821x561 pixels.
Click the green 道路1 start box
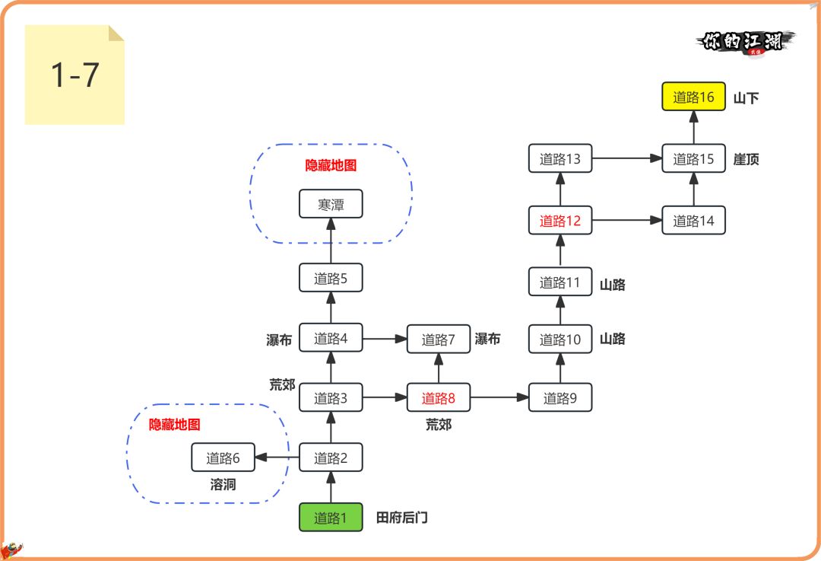point(331,518)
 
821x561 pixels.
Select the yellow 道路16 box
point(693,97)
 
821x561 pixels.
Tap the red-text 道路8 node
point(439,397)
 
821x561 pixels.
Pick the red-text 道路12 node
point(560,221)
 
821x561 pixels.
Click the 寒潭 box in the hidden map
point(331,204)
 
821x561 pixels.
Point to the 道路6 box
point(223,457)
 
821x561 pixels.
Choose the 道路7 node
point(439,339)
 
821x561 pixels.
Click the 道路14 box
point(693,221)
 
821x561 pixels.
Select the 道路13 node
point(560,159)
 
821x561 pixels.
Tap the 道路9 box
point(560,397)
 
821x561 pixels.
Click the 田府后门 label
point(402,518)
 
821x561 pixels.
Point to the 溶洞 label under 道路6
point(223,484)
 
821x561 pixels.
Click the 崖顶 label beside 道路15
point(747,159)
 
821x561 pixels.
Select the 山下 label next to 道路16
point(747,97)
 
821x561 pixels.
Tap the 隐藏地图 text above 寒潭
point(331,165)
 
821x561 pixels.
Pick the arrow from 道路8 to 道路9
point(499,397)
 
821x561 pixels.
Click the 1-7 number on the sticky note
point(74,75)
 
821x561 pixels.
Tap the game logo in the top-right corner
point(745,41)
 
